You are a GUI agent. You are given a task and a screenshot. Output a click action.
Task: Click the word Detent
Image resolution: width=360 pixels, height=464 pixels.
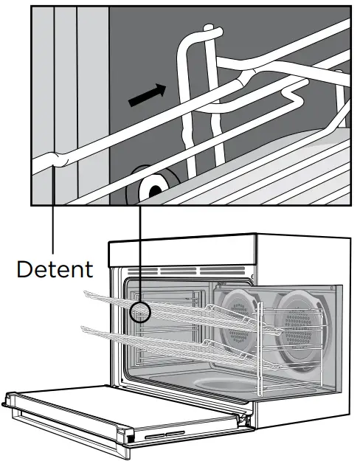coord(55,269)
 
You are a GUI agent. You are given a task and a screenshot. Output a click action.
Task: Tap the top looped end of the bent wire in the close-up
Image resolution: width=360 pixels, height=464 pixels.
coord(210,32)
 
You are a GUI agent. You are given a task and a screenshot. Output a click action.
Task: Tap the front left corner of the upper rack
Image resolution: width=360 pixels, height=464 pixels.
coord(83,294)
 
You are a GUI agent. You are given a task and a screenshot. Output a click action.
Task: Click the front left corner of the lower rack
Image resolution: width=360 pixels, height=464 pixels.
coord(83,328)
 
